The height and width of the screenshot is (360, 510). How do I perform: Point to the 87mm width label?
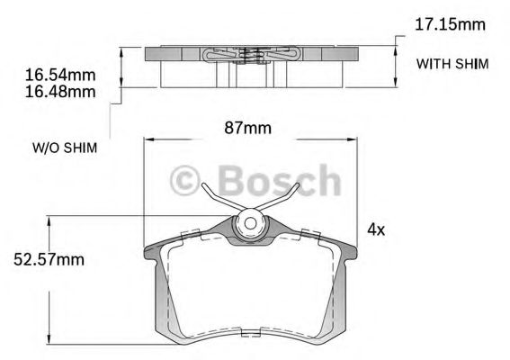(x=246, y=127)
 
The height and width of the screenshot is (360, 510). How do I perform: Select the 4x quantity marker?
(x=376, y=229)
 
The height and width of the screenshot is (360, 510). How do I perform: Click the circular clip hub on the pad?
(x=250, y=225)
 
